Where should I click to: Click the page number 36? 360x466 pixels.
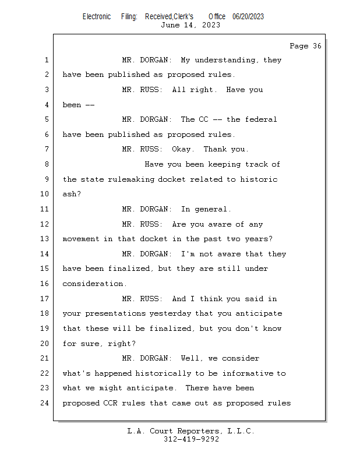point(317,46)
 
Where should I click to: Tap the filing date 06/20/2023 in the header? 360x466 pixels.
point(248,17)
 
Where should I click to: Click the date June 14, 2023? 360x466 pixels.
point(190,25)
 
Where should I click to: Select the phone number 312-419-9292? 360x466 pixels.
point(191,439)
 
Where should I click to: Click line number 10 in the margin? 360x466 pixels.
point(44,194)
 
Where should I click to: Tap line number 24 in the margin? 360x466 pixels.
point(44,403)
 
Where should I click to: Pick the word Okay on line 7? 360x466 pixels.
point(183,149)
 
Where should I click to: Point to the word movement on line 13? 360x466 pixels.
point(81,239)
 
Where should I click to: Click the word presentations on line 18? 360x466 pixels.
point(115,314)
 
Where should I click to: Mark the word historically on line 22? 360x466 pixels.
point(163,373)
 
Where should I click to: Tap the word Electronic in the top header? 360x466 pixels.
point(97,17)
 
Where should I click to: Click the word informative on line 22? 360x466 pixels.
point(248,373)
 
